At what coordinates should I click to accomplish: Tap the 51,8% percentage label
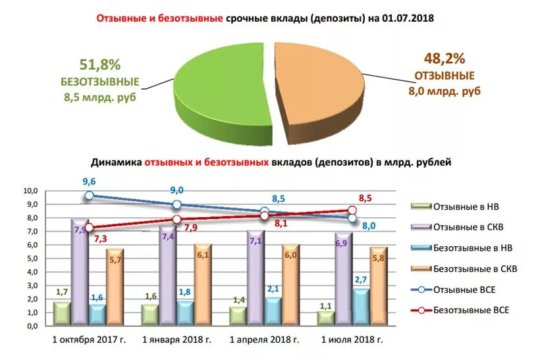coord(101,64)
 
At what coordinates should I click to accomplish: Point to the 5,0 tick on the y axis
coord(32,259)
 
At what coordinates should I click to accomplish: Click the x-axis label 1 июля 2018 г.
coord(351,340)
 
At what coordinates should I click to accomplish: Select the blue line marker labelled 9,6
coord(89,195)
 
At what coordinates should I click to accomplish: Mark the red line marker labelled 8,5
coord(352,211)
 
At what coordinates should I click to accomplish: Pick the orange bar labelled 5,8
coord(377,286)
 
